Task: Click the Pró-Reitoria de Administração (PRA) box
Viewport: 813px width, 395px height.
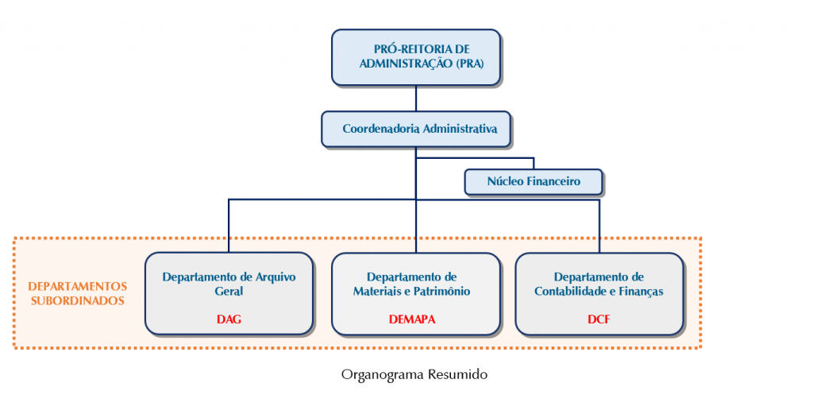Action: pos(415,57)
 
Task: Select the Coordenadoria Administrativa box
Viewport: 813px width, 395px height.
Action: pos(415,129)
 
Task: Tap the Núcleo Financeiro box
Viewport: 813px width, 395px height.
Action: pos(533,182)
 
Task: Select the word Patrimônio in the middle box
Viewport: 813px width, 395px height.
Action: pos(440,291)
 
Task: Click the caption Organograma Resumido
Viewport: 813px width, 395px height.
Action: pos(414,374)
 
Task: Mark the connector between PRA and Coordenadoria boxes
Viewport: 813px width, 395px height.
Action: pos(416,98)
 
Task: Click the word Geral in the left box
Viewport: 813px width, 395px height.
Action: pos(229,291)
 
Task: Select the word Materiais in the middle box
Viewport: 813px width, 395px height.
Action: pos(380,291)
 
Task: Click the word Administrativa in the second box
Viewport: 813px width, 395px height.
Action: pos(460,129)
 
